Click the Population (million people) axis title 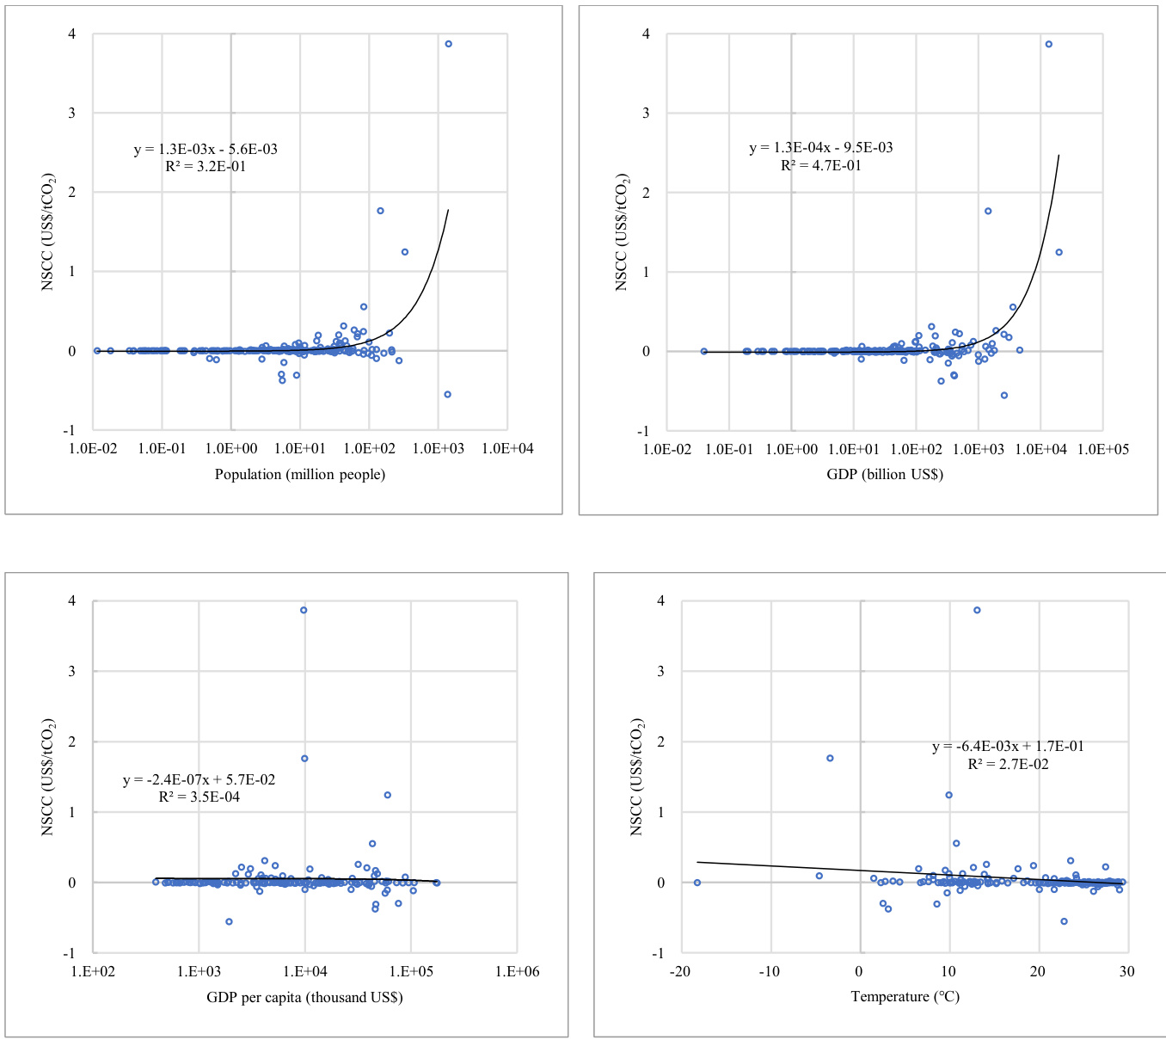click(x=300, y=474)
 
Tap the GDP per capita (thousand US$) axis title click(x=304, y=997)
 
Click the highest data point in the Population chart click(x=448, y=44)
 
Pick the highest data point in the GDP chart click(x=1048, y=44)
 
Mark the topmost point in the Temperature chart click(x=977, y=610)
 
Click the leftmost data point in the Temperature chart click(x=697, y=883)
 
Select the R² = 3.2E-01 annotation click(x=206, y=166)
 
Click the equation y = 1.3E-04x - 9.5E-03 click(x=821, y=148)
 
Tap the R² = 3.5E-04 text click(x=199, y=797)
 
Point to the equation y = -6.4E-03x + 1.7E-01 click(x=1008, y=747)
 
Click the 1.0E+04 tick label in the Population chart click(x=507, y=448)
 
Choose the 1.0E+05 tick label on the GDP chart click(x=1102, y=448)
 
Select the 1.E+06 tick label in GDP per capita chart click(x=516, y=971)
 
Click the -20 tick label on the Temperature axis click(x=679, y=971)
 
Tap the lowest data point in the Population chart click(x=447, y=394)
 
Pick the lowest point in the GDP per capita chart click(x=229, y=921)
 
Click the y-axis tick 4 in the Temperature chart click(x=660, y=600)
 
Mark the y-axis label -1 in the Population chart click(x=71, y=430)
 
